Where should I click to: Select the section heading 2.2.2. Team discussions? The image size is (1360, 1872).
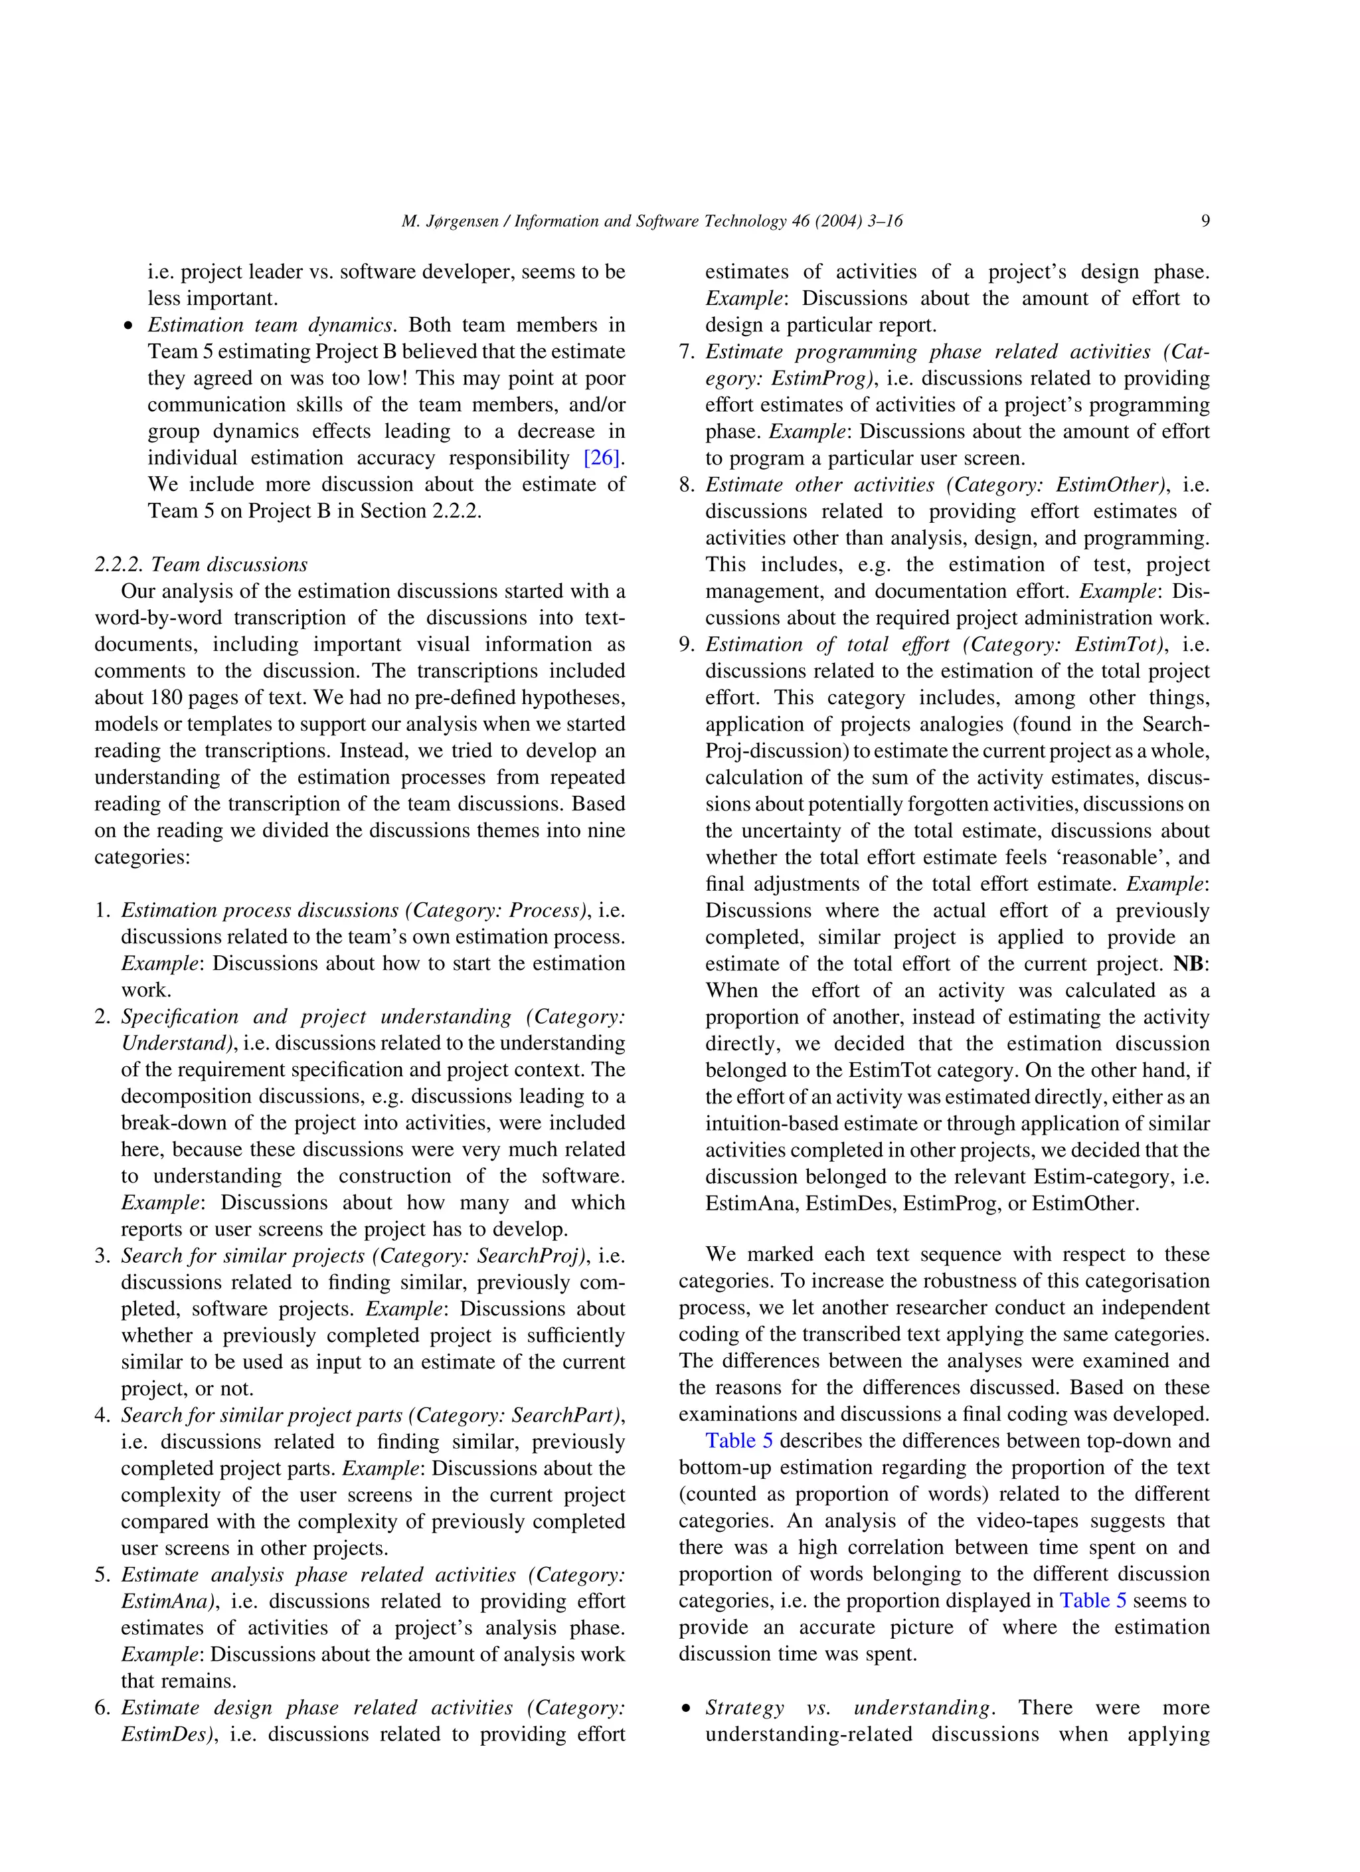point(201,565)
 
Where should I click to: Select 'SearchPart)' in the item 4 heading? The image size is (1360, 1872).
point(568,1415)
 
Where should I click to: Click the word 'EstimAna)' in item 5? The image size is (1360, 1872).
point(169,1601)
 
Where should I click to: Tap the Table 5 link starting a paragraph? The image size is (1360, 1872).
point(738,1441)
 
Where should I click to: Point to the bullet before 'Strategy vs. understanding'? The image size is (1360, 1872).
point(685,1709)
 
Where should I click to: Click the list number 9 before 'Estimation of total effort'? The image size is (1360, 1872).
point(686,644)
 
